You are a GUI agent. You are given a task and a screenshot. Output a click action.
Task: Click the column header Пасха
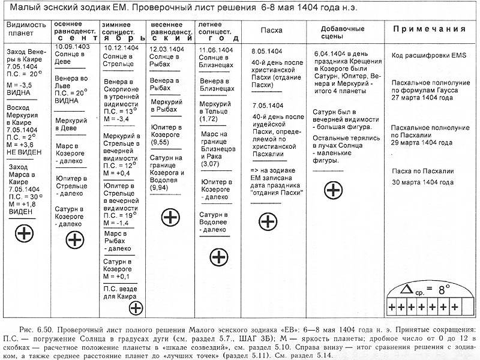(272, 30)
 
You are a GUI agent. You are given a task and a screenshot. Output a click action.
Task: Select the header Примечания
(430, 28)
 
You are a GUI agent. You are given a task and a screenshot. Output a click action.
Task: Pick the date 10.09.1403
(72, 46)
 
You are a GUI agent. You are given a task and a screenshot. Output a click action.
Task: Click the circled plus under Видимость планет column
(24, 232)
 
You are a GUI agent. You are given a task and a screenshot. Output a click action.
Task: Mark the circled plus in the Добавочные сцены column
(333, 190)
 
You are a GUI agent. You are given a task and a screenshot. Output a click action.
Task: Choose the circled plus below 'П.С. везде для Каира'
(136, 308)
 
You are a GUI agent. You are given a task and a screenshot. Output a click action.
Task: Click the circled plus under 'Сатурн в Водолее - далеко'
(218, 257)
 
